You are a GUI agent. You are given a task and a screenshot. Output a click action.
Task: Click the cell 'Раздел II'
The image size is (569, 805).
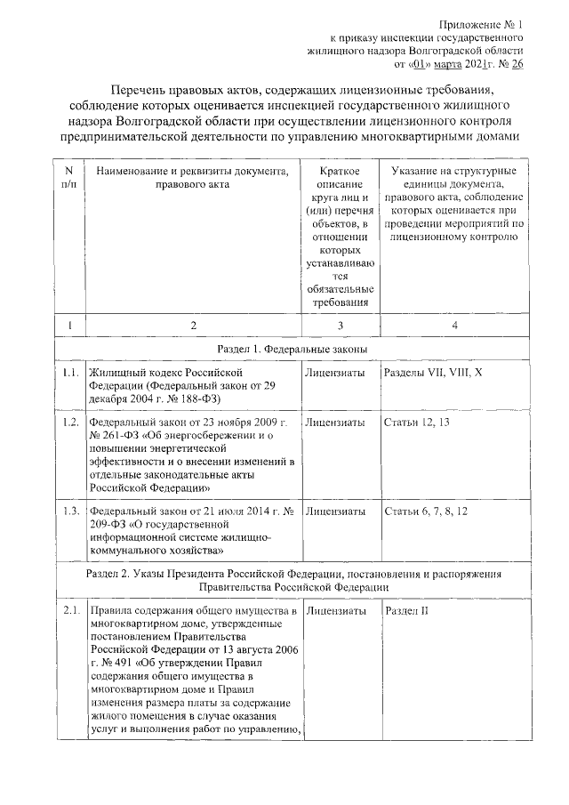click(x=407, y=612)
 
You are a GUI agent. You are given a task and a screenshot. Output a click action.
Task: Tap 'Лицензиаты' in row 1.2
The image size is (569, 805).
click(x=335, y=421)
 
